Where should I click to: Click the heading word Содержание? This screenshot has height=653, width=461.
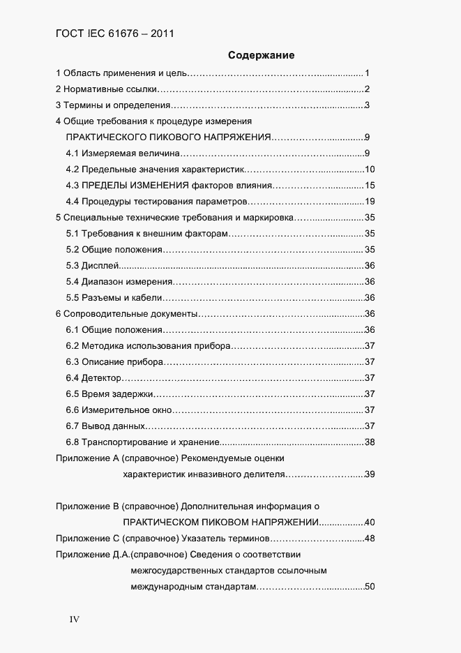[261, 55]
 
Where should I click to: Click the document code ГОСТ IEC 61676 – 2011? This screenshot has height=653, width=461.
[114, 32]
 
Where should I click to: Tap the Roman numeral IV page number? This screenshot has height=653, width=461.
[75, 620]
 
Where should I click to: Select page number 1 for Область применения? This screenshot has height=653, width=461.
[366, 73]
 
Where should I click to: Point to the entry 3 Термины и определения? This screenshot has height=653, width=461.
[112, 105]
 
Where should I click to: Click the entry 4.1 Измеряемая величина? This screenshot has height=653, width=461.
[123, 153]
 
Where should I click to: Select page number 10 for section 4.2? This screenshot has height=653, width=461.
[370, 170]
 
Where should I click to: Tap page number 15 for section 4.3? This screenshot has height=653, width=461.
[370, 186]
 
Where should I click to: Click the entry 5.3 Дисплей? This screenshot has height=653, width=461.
[93, 265]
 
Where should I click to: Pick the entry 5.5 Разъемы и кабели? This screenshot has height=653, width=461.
[114, 298]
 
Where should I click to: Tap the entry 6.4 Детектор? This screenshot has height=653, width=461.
[94, 378]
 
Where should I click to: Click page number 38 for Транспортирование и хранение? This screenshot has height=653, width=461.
[370, 442]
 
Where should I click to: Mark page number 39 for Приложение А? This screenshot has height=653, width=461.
[370, 474]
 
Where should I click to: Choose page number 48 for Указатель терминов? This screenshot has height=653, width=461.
[370, 539]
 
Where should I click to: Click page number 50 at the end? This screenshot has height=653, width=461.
[370, 587]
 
